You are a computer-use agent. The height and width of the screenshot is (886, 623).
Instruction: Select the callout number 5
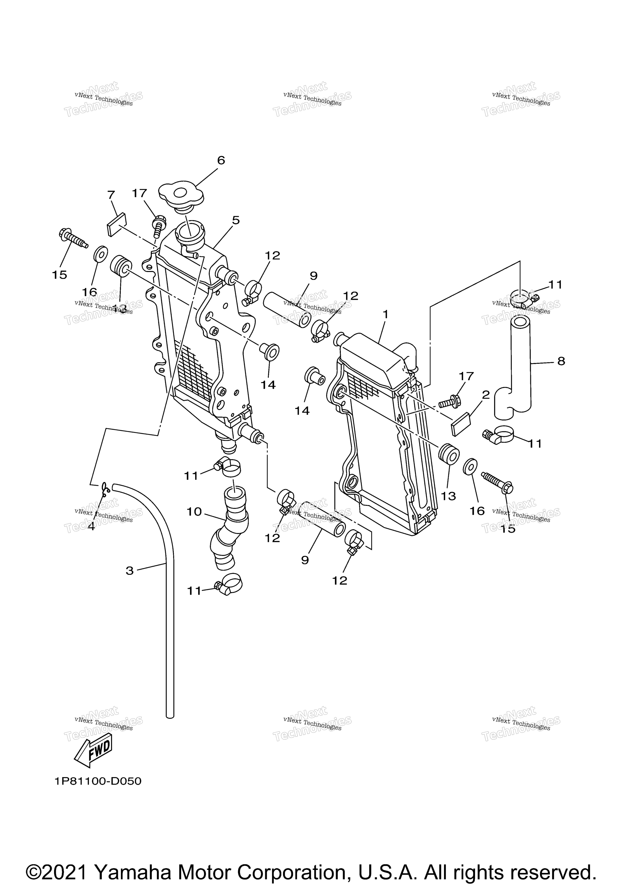click(x=236, y=220)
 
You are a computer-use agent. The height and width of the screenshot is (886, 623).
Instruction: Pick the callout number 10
click(x=194, y=512)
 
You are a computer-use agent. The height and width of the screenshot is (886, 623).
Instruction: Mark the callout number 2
click(x=486, y=394)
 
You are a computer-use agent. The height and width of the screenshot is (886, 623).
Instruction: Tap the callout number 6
click(x=221, y=160)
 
